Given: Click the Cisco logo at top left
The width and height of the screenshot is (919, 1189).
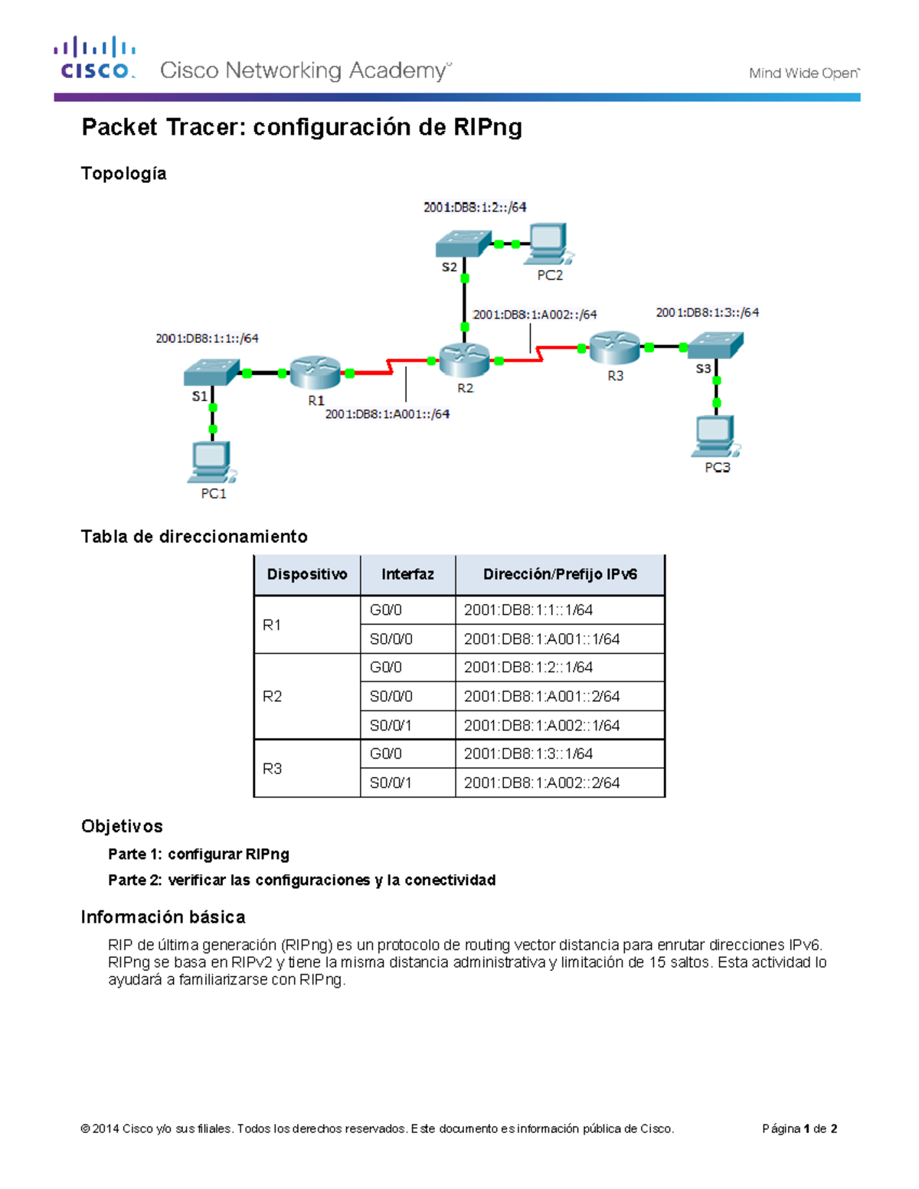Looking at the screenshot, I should coord(95,58).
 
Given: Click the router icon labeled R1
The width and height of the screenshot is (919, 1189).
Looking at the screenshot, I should coord(315,373).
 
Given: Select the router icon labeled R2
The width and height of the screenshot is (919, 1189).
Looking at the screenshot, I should coord(464,360).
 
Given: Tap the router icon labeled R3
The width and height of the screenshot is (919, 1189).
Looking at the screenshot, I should coord(614,348).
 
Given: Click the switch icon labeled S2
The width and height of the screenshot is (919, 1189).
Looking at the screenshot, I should coord(463,244).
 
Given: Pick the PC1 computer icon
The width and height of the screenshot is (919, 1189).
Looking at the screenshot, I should coord(211,462).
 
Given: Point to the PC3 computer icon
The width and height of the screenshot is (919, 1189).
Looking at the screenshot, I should coord(715,436).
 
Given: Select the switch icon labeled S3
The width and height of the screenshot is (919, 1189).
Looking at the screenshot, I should coord(715,345).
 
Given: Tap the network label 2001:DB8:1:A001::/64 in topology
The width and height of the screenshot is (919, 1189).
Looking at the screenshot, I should coord(387,414).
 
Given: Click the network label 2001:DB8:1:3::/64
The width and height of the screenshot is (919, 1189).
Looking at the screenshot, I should coord(707,312).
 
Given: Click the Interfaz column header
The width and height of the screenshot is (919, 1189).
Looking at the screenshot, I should coord(407,574).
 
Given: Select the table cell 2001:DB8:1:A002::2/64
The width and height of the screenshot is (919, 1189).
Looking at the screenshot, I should coord(541,782).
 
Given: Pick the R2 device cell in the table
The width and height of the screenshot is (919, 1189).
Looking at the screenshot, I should coord(272,696).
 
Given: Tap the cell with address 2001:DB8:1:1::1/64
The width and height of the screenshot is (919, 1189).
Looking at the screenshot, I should coord(528,610).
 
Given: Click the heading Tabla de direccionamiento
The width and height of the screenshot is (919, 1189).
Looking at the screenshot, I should coord(194,537).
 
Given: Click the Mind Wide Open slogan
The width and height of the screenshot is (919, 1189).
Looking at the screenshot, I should coord(803,73).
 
